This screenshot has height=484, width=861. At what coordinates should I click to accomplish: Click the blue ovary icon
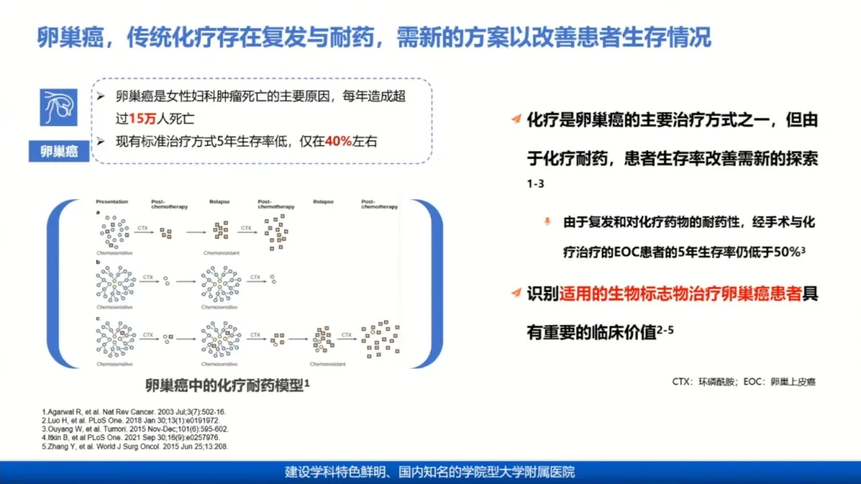tap(59, 108)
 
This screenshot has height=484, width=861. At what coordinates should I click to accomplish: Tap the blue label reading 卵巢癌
tap(59, 151)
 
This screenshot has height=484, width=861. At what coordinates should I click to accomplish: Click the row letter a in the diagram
tap(97, 214)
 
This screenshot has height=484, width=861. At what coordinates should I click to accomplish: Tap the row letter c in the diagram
tap(97, 318)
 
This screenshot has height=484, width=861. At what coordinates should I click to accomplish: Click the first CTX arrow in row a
tap(143, 230)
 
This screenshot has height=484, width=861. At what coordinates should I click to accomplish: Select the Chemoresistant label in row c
tap(327, 364)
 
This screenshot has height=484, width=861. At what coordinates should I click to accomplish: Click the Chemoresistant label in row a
tap(221, 253)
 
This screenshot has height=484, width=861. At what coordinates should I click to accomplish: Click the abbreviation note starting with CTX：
tap(743, 382)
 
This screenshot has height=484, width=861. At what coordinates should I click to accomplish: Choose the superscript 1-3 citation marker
tap(535, 185)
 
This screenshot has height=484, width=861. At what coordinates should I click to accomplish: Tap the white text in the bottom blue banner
tap(430, 472)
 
